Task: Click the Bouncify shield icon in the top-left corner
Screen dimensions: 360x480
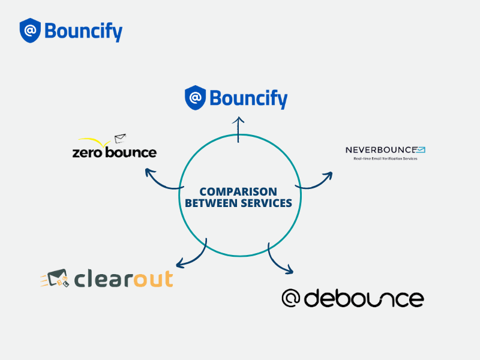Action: click(x=30, y=31)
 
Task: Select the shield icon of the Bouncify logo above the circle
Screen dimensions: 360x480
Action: click(x=195, y=98)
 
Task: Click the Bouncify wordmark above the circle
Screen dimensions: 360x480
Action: click(x=248, y=98)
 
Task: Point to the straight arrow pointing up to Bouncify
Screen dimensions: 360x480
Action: click(x=239, y=129)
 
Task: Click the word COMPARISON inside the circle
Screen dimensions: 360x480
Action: click(x=238, y=191)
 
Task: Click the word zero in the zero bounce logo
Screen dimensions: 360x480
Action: click(x=86, y=152)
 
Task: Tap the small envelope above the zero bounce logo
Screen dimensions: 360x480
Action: click(x=121, y=139)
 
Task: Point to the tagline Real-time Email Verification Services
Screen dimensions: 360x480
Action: click(x=385, y=158)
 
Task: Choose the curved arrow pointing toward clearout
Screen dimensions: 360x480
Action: click(x=191, y=255)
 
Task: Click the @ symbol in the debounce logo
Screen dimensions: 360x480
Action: click(x=291, y=298)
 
